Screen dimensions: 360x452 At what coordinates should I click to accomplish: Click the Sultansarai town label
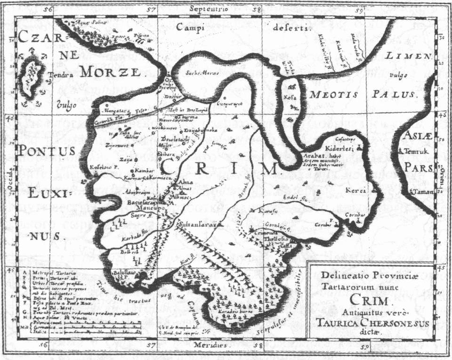(197, 226)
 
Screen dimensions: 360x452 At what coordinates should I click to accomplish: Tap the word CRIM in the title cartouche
(369, 301)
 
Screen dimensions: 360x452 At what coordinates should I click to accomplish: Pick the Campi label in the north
(191, 27)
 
